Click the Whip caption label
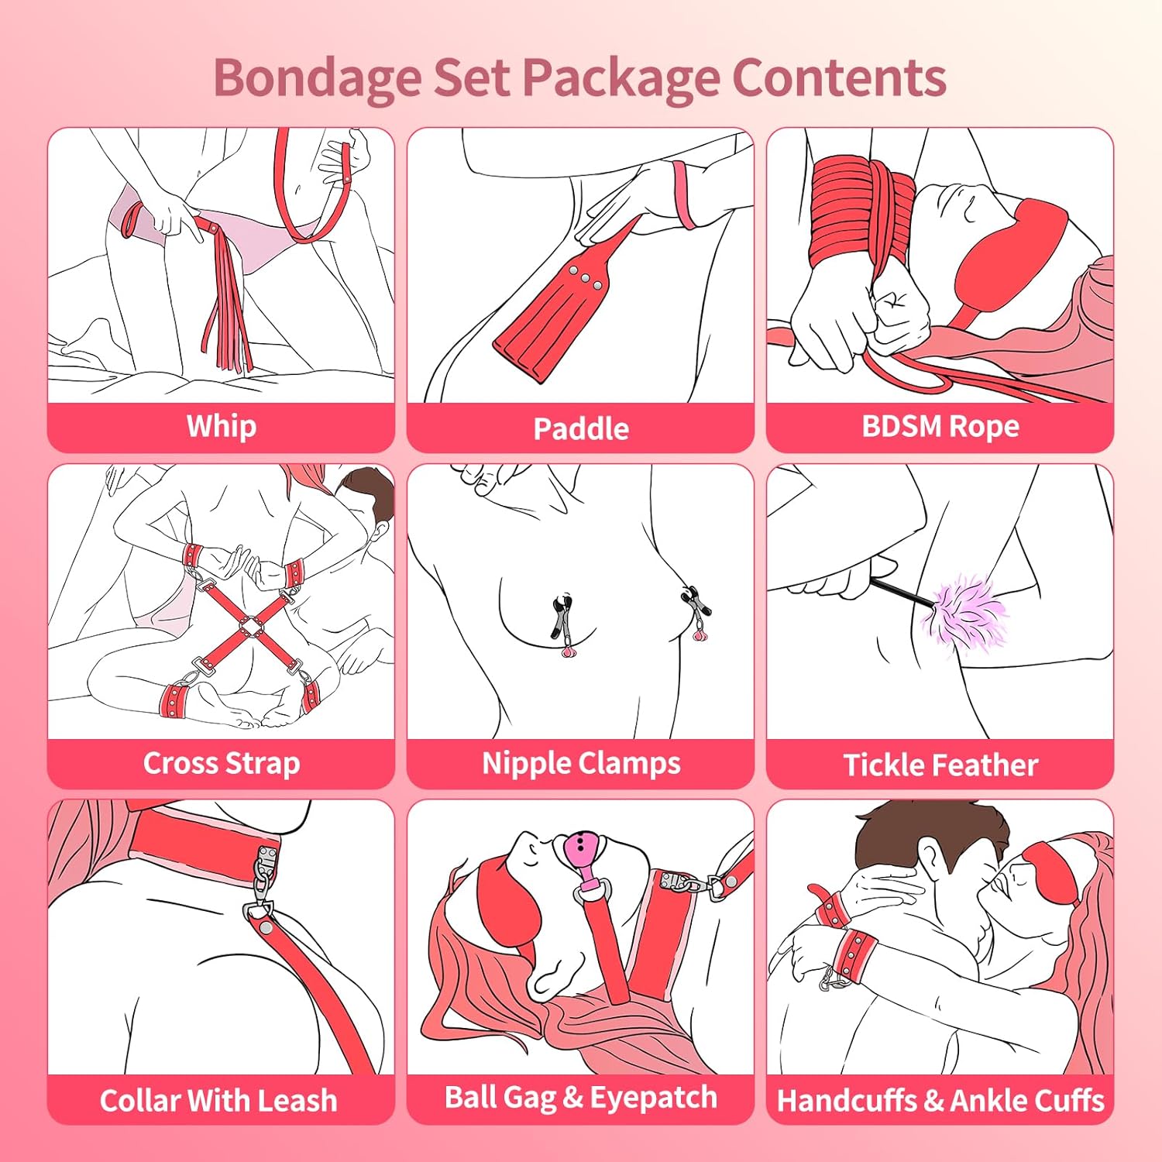coord(222,427)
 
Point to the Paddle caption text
coord(581,428)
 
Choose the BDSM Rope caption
coord(940,427)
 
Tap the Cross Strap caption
coord(222,764)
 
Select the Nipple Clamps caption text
coord(581,764)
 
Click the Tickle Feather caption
coord(940,765)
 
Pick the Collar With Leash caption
coord(218,1100)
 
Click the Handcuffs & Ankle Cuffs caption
coord(940,1100)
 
